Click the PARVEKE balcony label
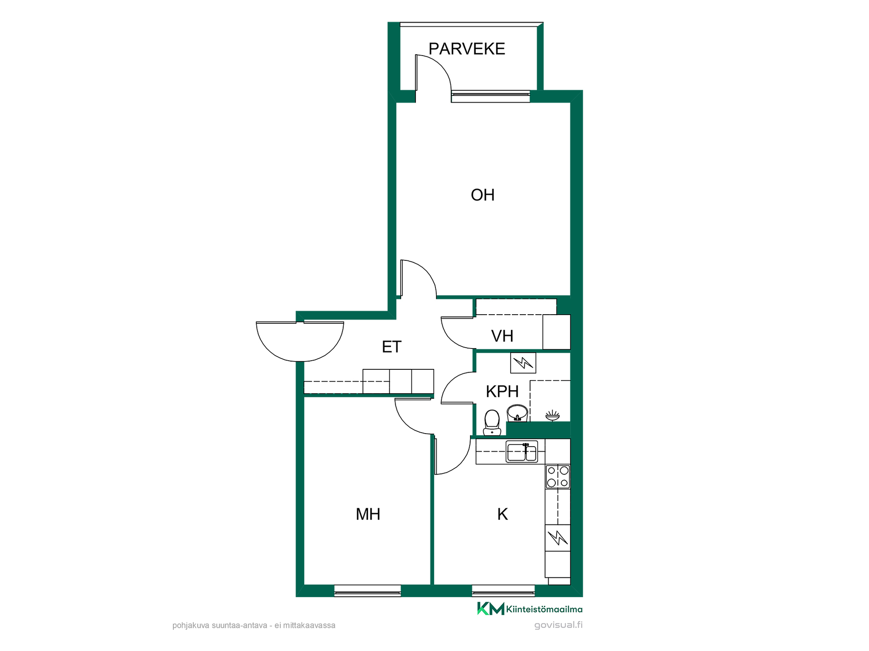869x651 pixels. point(467,49)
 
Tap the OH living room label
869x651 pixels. point(482,195)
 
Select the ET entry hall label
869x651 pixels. point(392,347)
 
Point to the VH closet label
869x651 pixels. point(502,336)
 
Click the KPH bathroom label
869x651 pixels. point(502,391)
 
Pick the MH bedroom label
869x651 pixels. point(368,514)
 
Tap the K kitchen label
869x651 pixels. point(502,514)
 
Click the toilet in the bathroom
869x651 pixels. point(492,423)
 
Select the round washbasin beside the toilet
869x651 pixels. point(517,413)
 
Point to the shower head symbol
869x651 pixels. point(552,415)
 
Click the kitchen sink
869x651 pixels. point(522,452)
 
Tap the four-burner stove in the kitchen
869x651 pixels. point(558,476)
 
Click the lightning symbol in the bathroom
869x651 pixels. point(523,363)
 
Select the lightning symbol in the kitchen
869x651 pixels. point(558,538)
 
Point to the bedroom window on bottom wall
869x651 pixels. point(368,591)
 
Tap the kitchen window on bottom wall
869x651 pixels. point(503,591)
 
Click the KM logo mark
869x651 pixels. point(491,609)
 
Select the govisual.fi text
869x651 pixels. point(558,625)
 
